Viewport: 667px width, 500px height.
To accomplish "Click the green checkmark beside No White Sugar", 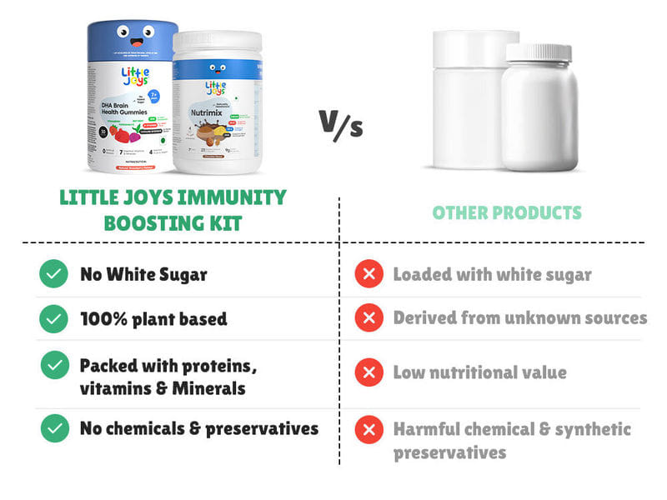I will [x=54, y=273].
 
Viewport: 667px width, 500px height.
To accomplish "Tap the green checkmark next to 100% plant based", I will [x=54, y=318].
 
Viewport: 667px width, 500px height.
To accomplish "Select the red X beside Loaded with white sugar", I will [x=369, y=273].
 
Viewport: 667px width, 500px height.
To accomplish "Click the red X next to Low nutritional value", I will [x=369, y=372].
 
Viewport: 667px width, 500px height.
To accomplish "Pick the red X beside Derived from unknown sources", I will [x=369, y=318].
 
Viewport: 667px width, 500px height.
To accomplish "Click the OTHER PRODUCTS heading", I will [x=507, y=212].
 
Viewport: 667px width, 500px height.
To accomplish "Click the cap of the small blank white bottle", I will [x=539, y=52].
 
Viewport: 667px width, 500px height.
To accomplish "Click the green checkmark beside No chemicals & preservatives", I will [x=54, y=428].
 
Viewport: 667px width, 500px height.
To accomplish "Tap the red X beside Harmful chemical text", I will [x=369, y=430].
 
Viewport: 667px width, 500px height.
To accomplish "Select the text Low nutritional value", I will [x=479, y=372].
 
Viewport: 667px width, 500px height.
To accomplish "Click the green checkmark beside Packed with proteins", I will [x=54, y=365].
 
